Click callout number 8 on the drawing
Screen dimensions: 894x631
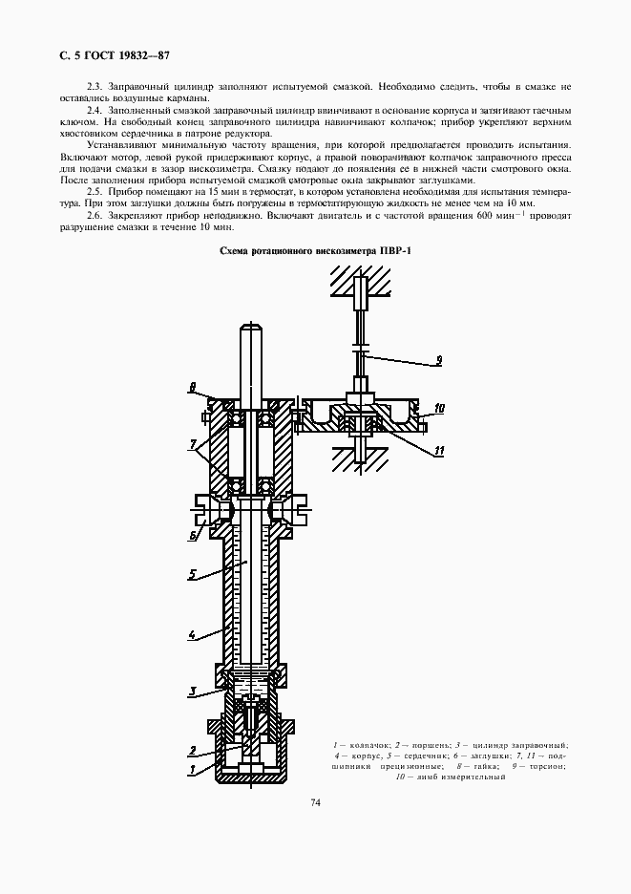pyautogui.click(x=192, y=388)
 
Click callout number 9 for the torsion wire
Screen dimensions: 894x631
pyautogui.click(x=437, y=360)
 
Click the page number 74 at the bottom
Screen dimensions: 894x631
pyautogui.click(x=315, y=802)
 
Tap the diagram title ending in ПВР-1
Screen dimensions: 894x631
pyautogui.click(x=315, y=250)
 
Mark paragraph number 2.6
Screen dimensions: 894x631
pyautogui.click(x=95, y=215)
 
